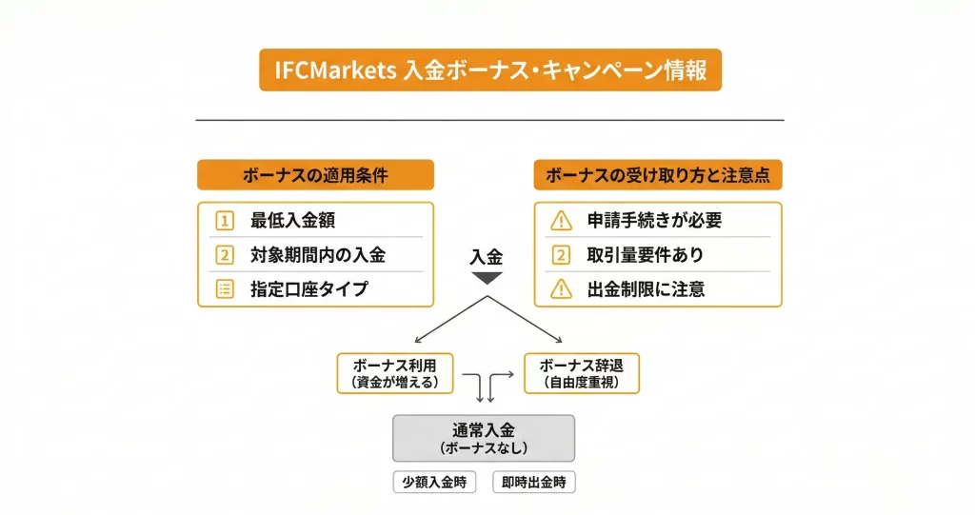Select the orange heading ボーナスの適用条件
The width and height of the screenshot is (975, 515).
[x=315, y=175]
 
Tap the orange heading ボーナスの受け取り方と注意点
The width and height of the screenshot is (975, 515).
[x=658, y=175]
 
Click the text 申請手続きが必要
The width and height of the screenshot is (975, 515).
[x=654, y=221]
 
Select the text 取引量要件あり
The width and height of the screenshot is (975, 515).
[x=646, y=255]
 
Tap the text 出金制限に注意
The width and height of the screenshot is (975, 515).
[x=646, y=289]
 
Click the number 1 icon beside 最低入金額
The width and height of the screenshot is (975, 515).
[x=225, y=221]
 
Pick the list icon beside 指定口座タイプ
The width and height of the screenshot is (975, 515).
[x=225, y=289]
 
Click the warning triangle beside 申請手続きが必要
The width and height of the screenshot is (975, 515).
[x=561, y=221]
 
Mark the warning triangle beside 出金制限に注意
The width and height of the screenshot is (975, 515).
[x=561, y=289]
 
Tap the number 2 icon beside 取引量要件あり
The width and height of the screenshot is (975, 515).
[x=561, y=255]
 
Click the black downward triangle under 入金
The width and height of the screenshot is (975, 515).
[x=487, y=278]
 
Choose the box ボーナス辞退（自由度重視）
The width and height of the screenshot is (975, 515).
[x=581, y=373]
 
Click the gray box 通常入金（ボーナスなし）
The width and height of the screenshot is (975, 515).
[x=484, y=438]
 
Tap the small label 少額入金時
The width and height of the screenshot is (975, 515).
[x=434, y=483]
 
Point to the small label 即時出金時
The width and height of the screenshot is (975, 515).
[x=534, y=483]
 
